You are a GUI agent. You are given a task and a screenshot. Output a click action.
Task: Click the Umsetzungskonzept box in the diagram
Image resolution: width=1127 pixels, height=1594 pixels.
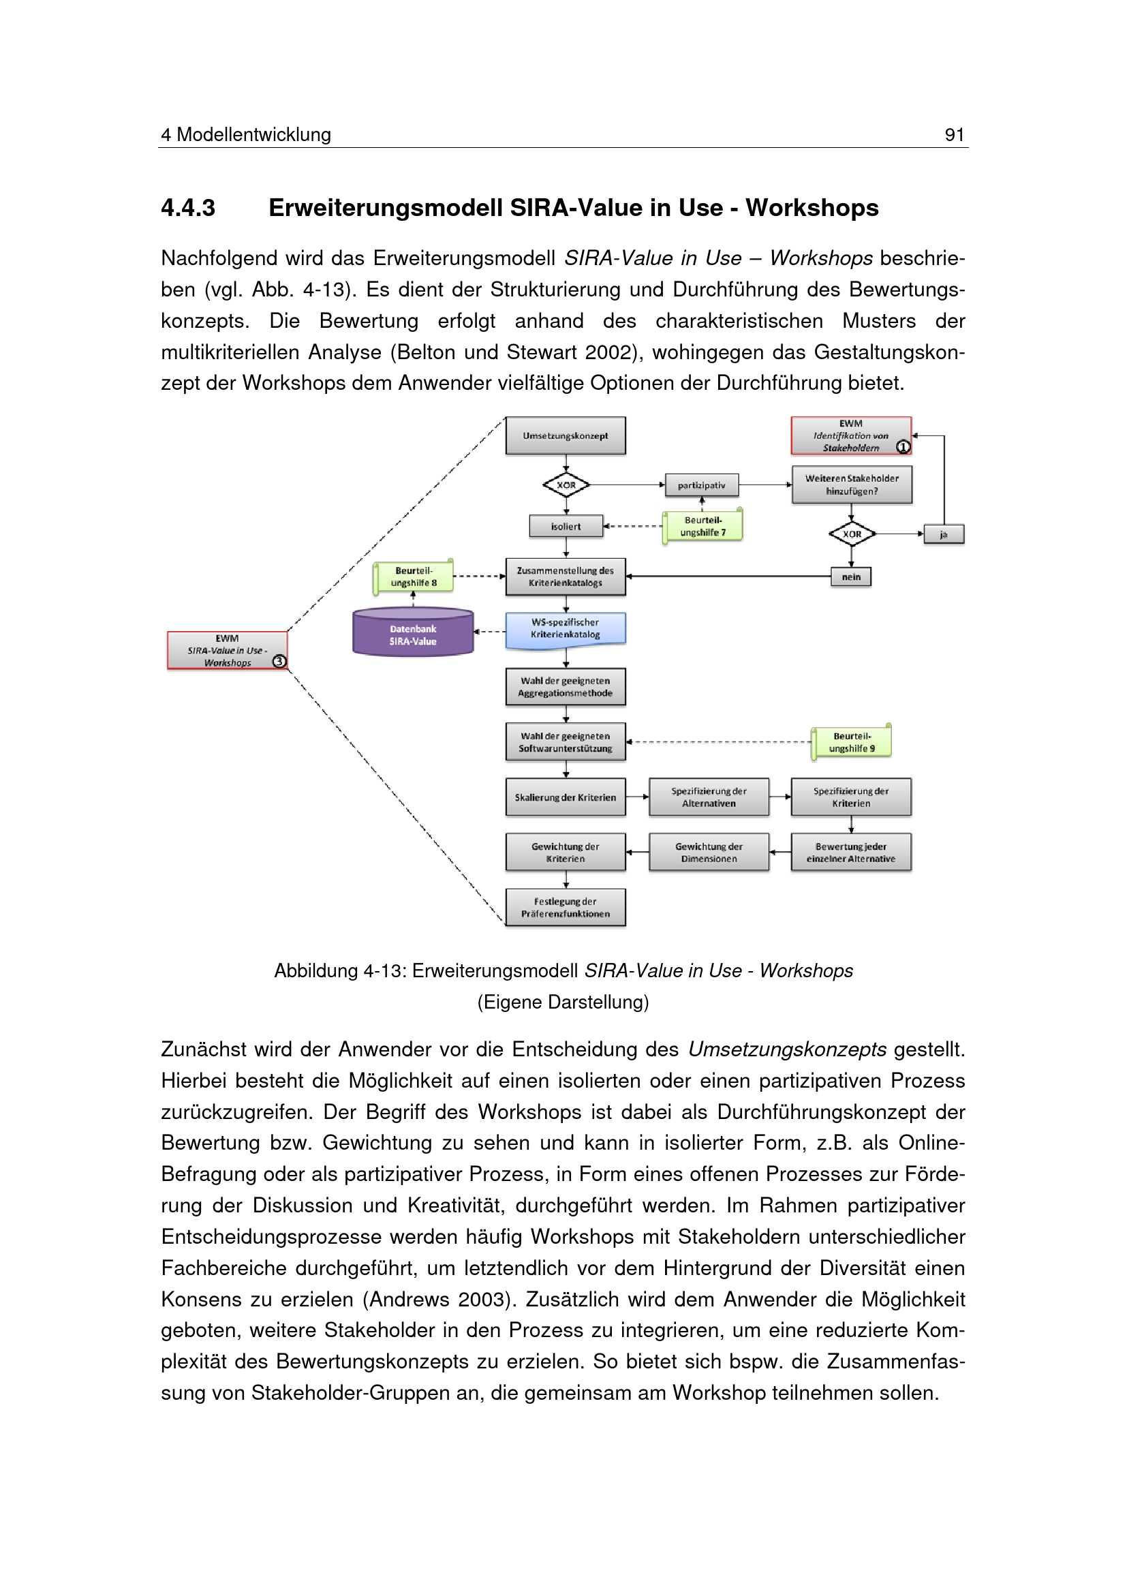(x=565, y=435)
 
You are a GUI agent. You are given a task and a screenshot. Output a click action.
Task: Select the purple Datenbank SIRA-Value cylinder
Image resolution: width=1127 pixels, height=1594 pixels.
(x=413, y=633)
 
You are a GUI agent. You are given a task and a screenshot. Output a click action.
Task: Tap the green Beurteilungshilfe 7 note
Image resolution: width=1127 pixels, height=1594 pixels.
(x=703, y=526)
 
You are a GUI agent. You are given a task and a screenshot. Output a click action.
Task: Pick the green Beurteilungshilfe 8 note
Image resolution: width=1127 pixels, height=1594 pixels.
(x=414, y=577)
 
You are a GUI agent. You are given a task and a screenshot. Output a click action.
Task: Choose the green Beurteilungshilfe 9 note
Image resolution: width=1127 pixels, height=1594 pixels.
(x=852, y=742)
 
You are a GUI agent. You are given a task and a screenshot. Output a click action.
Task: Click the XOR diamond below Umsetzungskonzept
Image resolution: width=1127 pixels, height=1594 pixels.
(x=566, y=485)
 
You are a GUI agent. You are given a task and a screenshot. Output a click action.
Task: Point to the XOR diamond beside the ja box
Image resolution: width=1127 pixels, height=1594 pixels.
(x=852, y=534)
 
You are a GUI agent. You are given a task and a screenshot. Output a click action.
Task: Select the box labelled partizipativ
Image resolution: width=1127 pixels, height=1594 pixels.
(x=701, y=485)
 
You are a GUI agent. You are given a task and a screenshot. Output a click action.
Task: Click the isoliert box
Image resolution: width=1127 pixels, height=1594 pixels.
(x=566, y=526)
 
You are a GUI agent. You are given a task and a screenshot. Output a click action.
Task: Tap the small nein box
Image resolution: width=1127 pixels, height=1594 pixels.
(x=851, y=577)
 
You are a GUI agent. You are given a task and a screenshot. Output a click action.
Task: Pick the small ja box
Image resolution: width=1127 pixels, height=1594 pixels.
(x=943, y=534)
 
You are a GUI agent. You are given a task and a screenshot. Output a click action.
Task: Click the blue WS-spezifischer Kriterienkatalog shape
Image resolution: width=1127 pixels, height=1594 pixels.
(x=565, y=629)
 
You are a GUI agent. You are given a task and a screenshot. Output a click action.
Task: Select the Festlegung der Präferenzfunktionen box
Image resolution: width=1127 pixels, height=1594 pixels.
(x=565, y=907)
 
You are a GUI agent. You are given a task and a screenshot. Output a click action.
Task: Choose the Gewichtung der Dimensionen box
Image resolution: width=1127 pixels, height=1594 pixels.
(x=709, y=853)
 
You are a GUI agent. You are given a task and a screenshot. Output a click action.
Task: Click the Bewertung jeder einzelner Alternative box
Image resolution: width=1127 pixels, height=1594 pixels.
(x=851, y=853)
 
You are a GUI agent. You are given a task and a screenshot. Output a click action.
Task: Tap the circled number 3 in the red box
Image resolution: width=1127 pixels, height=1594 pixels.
(x=279, y=661)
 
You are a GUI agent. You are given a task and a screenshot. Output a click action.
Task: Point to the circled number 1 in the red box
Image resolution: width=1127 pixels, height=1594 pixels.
(x=903, y=447)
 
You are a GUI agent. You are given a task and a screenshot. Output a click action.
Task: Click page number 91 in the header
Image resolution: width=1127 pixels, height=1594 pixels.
(x=954, y=135)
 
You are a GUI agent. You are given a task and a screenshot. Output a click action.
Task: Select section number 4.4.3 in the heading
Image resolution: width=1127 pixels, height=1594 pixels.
(x=188, y=208)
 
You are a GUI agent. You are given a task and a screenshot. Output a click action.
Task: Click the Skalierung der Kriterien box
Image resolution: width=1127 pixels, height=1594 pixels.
(x=565, y=797)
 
